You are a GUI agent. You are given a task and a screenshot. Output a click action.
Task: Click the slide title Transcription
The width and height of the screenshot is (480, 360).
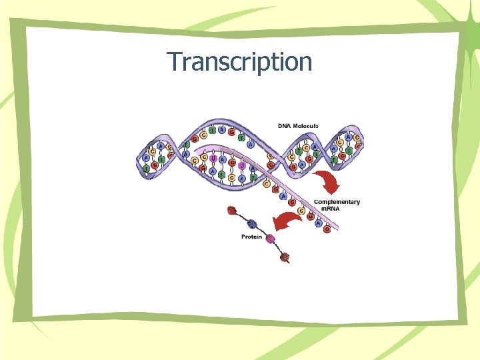tap(239, 62)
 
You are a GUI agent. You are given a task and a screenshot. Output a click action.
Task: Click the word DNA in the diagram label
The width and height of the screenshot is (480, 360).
tap(285, 125)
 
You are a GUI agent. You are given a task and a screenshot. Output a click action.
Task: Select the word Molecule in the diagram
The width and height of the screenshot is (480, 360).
tap(306, 125)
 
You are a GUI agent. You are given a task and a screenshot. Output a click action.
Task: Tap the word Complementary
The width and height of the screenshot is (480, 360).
tap(337, 202)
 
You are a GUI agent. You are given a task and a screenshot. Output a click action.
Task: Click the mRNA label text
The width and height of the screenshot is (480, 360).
tap(331, 209)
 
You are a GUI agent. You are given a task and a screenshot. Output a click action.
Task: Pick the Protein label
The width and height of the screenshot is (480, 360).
tap(251, 237)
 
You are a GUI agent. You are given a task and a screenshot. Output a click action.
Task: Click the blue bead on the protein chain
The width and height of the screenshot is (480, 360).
tap(253, 225)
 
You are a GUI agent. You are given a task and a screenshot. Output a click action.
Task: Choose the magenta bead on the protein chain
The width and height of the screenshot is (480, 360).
tap(271, 239)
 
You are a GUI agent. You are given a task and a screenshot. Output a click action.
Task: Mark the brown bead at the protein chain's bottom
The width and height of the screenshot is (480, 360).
tap(285, 257)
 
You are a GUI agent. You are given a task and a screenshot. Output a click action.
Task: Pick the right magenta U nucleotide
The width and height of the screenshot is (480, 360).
tap(242, 165)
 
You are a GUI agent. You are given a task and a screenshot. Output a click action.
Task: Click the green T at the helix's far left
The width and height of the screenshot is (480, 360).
tap(146, 168)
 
